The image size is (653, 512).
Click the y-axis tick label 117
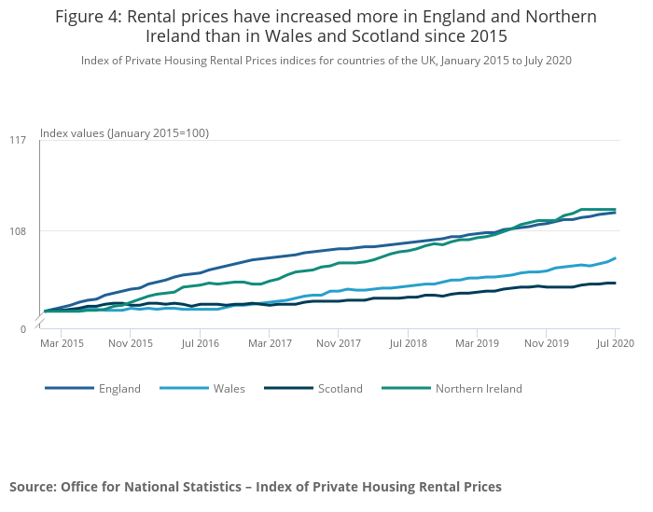[x=18, y=141]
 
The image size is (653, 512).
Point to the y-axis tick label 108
[x=18, y=231]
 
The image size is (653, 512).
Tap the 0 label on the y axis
[x=22, y=329]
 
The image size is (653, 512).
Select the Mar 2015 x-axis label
[x=63, y=344]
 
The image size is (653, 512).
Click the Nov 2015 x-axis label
[x=132, y=344]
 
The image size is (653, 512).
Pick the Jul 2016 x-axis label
[x=201, y=344]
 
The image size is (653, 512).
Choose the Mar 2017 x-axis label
[x=271, y=344]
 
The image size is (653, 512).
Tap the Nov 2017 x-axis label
[x=340, y=344]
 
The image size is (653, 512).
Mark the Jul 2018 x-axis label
[x=409, y=344]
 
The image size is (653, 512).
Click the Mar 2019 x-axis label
[x=478, y=344]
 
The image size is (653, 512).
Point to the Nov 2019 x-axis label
[x=547, y=344]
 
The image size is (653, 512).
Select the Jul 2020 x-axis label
[x=616, y=344]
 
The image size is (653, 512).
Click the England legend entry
[x=118, y=389]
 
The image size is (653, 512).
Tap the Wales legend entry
[x=229, y=389]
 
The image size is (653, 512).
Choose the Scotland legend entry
[x=340, y=389]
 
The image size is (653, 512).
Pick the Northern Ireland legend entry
[x=478, y=389]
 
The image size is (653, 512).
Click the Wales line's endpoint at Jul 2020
[x=616, y=258]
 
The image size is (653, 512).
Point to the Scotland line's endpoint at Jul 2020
[x=616, y=283]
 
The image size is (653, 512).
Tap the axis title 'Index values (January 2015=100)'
[x=124, y=133]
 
